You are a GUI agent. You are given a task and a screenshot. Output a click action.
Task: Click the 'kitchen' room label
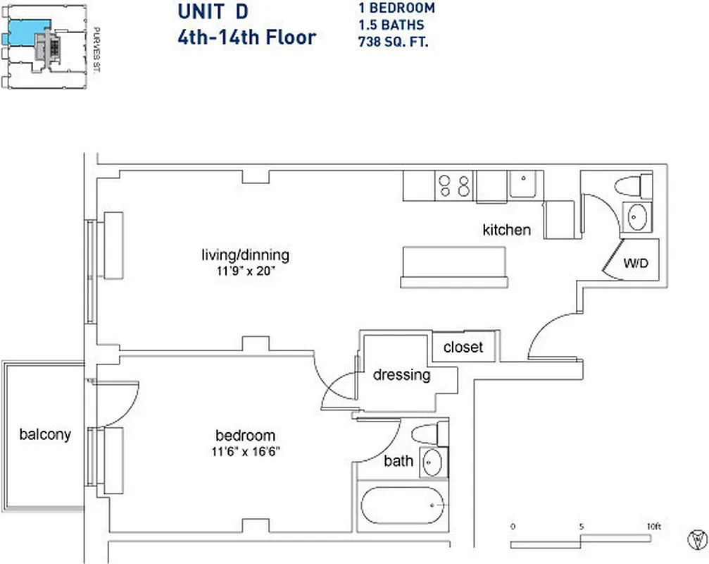pyautogui.click(x=506, y=230)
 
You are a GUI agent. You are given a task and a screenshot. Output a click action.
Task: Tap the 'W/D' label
pyautogui.click(x=635, y=264)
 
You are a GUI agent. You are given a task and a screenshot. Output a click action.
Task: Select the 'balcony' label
pyautogui.click(x=45, y=434)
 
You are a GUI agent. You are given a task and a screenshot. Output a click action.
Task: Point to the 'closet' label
pyautogui.click(x=463, y=348)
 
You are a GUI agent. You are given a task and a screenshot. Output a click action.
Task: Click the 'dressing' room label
pyautogui.click(x=401, y=374)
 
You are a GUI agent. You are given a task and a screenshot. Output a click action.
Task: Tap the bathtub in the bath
pyautogui.click(x=403, y=505)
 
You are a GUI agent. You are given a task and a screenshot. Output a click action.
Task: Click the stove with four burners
pyautogui.click(x=454, y=185)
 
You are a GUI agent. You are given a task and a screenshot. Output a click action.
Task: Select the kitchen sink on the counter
pyautogui.click(x=524, y=185)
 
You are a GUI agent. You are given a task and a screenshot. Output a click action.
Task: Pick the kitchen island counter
pyautogui.click(x=454, y=266)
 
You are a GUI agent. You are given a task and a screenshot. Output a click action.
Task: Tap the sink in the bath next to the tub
pyautogui.click(x=431, y=462)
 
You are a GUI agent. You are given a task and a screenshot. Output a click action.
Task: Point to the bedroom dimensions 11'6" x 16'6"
pyautogui.click(x=246, y=451)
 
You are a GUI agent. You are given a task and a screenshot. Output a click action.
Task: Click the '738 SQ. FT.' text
pyautogui.click(x=394, y=41)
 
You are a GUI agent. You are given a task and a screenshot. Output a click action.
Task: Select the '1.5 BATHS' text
pyautogui.click(x=391, y=25)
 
